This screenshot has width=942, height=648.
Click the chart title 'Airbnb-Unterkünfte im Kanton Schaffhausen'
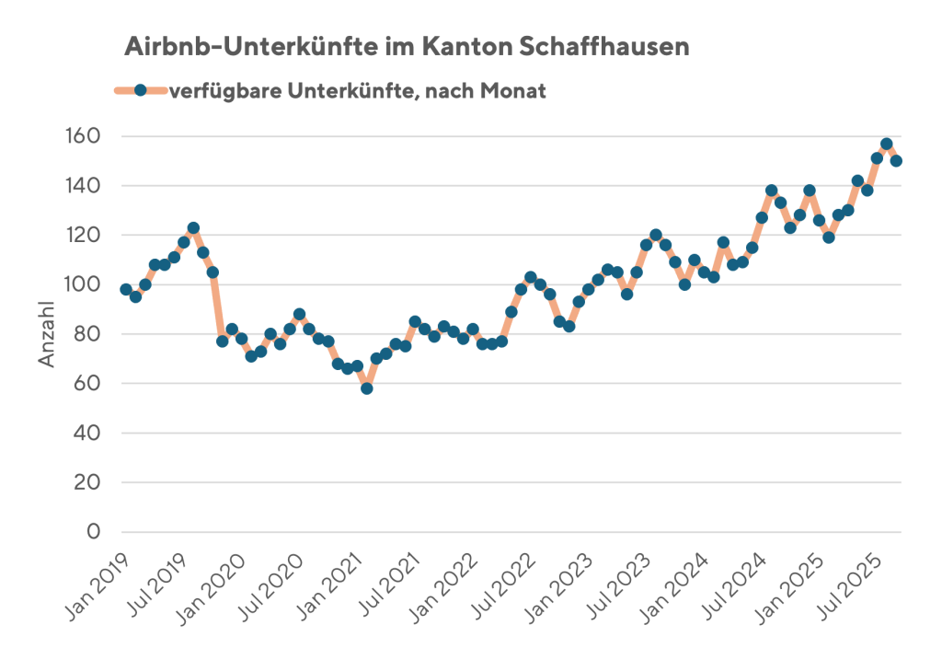pyautogui.click(x=406, y=47)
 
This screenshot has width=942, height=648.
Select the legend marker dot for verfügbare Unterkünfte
pyautogui.click(x=140, y=90)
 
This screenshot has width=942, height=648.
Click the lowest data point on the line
pyautogui.click(x=367, y=388)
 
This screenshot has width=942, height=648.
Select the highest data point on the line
pyautogui.click(x=887, y=144)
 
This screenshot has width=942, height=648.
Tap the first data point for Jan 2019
pyautogui.click(x=126, y=289)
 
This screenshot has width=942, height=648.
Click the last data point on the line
pyautogui.click(x=896, y=161)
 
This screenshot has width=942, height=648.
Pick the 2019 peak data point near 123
pyautogui.click(x=193, y=227)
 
